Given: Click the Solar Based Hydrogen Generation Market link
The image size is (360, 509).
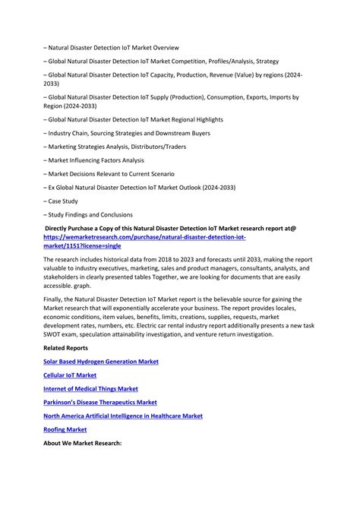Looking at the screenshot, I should click(x=101, y=362).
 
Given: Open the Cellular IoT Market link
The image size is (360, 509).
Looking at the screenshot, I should click(x=70, y=375).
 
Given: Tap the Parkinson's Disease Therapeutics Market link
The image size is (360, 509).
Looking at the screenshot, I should click(x=100, y=402).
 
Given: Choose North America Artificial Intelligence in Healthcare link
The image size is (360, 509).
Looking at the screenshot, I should click(x=123, y=416).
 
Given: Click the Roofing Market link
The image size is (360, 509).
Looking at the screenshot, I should click(x=65, y=429).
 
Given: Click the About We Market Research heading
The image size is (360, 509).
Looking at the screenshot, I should click(x=84, y=443).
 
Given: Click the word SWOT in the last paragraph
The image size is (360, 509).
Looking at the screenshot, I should click(x=55, y=334).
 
